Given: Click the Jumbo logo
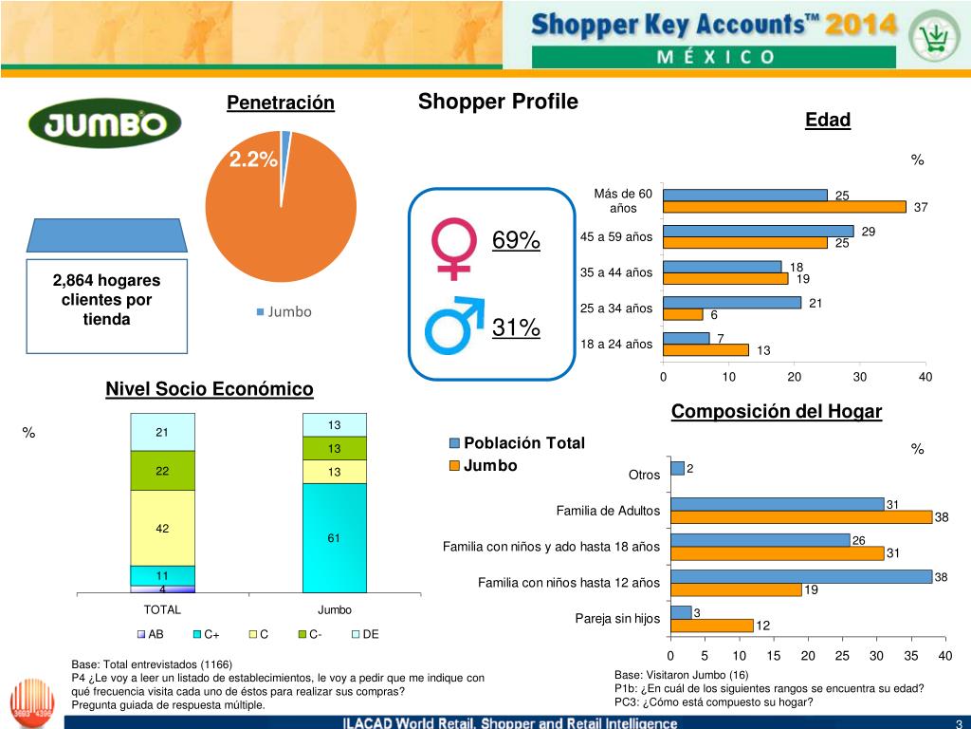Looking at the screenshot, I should click(104, 123).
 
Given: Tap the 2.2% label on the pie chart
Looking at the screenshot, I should click(252, 159).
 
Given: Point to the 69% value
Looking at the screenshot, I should click(516, 240).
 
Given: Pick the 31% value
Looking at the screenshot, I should click(516, 328).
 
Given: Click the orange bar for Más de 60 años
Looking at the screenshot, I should click(784, 207).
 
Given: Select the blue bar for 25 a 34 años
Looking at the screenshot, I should click(732, 302).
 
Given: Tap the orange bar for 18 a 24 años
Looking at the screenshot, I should click(705, 350).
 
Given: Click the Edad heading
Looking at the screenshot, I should click(827, 121).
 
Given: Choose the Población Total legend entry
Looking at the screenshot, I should click(517, 443).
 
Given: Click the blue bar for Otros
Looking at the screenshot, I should click(677, 468).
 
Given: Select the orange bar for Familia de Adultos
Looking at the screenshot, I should click(800, 517).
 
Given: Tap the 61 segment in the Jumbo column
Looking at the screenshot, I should click(334, 537).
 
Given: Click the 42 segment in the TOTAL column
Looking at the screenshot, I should click(162, 528).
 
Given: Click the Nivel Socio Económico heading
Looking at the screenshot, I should click(209, 389).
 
